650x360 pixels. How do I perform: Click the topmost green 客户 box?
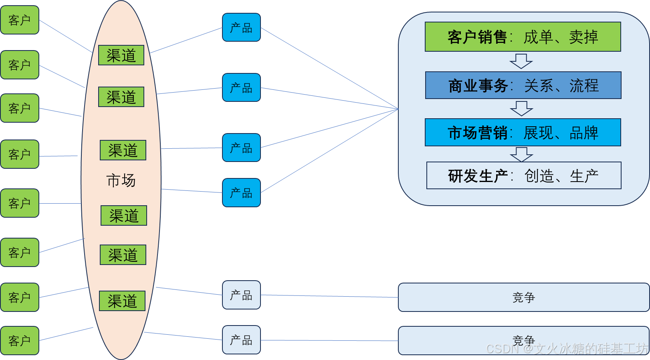(20, 20)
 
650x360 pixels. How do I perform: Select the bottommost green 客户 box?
(20, 341)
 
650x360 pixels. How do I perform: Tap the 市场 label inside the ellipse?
(121, 180)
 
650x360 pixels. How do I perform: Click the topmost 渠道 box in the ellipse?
(121, 55)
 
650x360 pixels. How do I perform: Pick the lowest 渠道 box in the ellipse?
(122, 301)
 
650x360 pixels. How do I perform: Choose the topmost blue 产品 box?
(241, 28)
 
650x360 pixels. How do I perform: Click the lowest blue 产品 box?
(241, 193)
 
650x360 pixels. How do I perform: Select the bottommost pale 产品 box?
(241, 340)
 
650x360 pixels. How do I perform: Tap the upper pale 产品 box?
(241, 295)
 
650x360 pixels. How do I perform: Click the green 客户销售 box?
(523, 37)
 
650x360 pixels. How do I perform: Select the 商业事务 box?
(523, 85)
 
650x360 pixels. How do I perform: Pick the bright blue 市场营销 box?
(523, 132)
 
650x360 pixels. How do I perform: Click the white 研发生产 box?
(523, 176)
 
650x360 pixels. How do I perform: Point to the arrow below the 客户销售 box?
(521, 61)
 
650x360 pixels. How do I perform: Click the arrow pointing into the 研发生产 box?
(521, 154)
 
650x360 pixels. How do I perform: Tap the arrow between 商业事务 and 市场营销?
(521, 109)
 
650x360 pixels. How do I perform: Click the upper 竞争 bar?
(523, 297)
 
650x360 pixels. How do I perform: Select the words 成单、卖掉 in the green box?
(560, 37)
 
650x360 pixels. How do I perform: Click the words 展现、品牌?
(560, 133)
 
